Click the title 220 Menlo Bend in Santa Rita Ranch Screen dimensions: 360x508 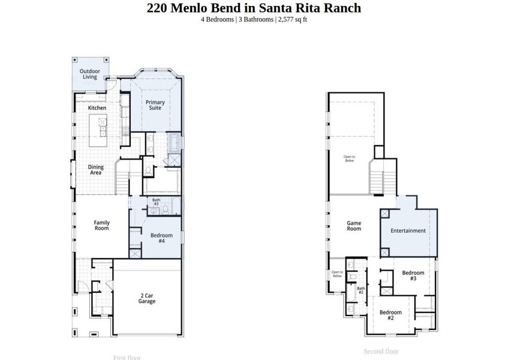[x=254, y=8]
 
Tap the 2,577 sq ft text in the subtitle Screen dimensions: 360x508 [x=293, y=19]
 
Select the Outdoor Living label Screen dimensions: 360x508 [x=90, y=74]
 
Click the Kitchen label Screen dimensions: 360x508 [x=97, y=108]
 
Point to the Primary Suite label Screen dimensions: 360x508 [x=155, y=105]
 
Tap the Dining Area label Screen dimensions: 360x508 [x=96, y=170]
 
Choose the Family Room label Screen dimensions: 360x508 [x=101, y=226]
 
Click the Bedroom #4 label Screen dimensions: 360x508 [x=161, y=238]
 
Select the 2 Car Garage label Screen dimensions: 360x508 [x=147, y=298]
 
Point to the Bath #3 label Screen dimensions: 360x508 [x=156, y=202]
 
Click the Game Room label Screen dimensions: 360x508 [x=354, y=226]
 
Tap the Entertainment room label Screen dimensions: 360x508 [x=408, y=230]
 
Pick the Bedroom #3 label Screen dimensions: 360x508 [x=413, y=275]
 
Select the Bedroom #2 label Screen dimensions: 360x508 [x=390, y=314]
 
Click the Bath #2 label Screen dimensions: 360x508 [x=361, y=290]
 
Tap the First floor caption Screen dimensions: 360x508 [x=127, y=358]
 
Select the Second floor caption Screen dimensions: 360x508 [x=381, y=352]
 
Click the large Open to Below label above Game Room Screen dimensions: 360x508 [x=349, y=159]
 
